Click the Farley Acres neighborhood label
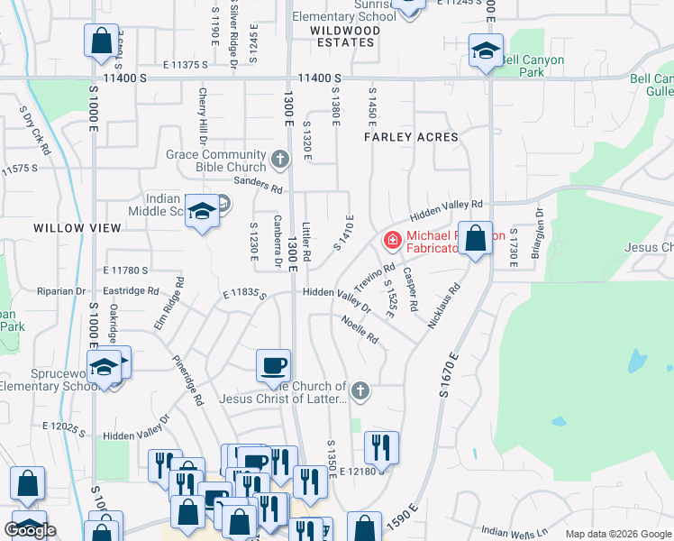pyautogui.click(x=411, y=137)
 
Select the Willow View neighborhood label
pyautogui.click(x=77, y=228)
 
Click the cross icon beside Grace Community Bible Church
pyautogui.click(x=279, y=160)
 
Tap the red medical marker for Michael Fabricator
pyautogui.click(x=393, y=241)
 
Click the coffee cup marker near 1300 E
pyautogui.click(x=274, y=366)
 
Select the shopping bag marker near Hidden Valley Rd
pyautogui.click(x=475, y=240)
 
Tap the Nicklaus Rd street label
pyautogui.click(x=444, y=307)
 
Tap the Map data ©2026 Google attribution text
pyautogui.click(x=617, y=534)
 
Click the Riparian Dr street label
pyautogui.click(x=61, y=291)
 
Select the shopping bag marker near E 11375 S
pyautogui.click(x=101, y=41)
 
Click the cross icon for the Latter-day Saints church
pyautogui.click(x=360, y=390)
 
